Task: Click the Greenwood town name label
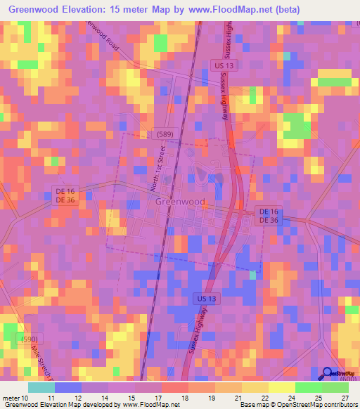click(x=180, y=202)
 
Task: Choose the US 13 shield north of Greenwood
click(x=220, y=65)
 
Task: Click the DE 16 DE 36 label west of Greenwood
click(x=65, y=195)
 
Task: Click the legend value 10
click(x=27, y=398)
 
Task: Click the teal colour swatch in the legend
click(x=41, y=387)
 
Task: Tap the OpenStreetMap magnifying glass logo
click(x=327, y=374)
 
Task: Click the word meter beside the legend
click(x=11, y=398)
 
